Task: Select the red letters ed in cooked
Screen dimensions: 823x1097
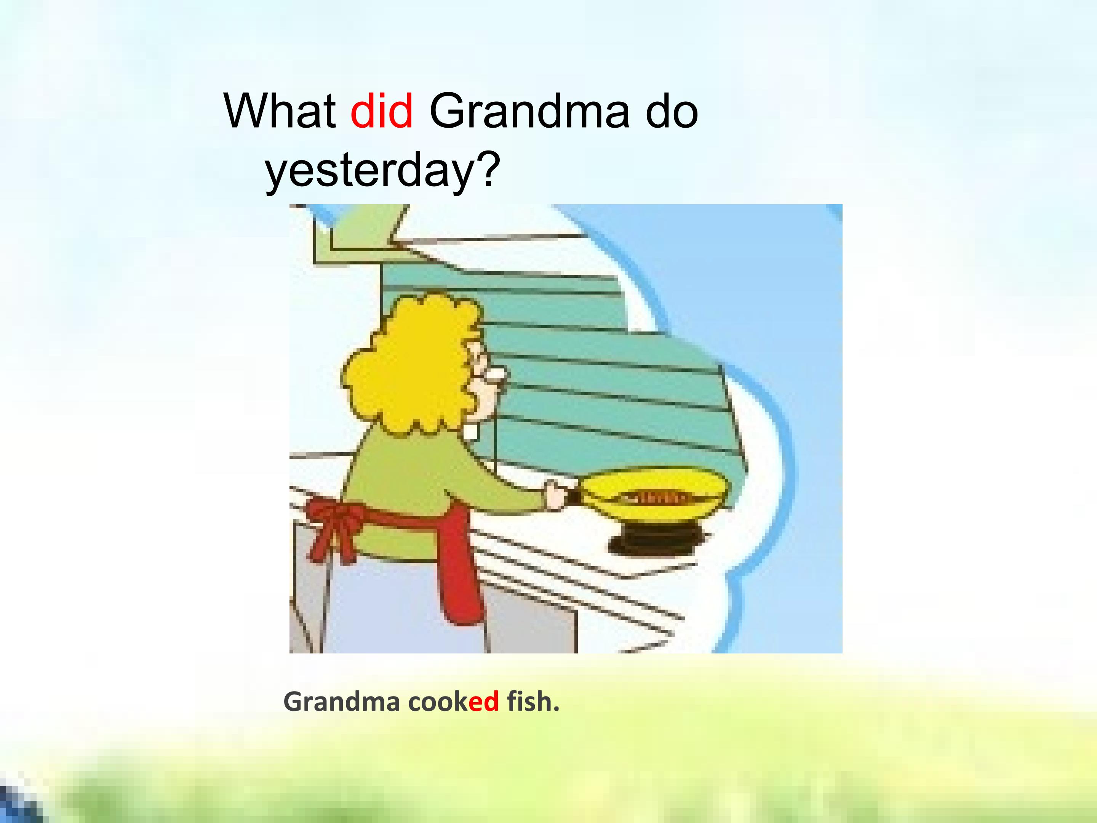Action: point(483,701)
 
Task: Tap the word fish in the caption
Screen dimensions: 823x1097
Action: point(528,701)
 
